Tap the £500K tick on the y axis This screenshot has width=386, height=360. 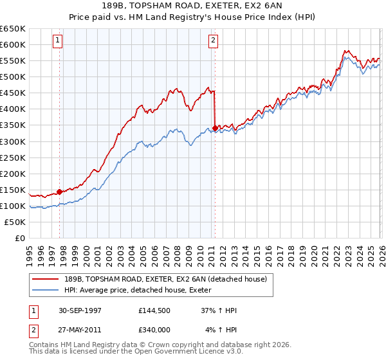pyautogui.click(x=13, y=77)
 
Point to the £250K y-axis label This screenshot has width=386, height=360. pyautogui.click(x=13, y=157)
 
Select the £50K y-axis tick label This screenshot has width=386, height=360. pyautogui.click(x=15, y=222)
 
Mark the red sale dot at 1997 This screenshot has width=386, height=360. pyautogui.click(x=60, y=191)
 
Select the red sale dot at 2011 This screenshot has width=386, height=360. pyautogui.click(x=215, y=128)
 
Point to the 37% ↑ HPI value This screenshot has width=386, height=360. pyautogui.click(x=219, y=310)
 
